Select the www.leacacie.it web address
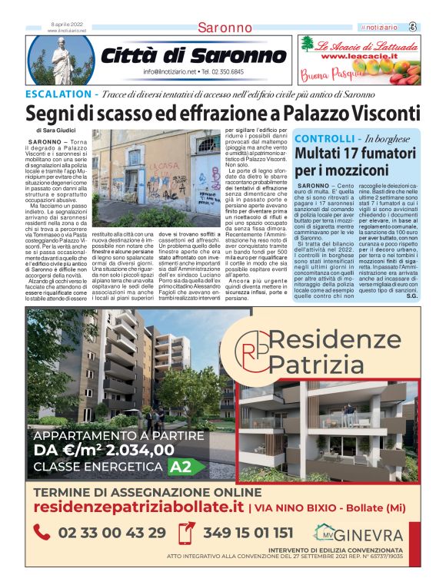[358, 56]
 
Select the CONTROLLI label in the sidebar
[324, 139]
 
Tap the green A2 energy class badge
[188, 466]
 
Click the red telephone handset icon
[43, 532]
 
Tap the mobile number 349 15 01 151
[248, 533]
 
